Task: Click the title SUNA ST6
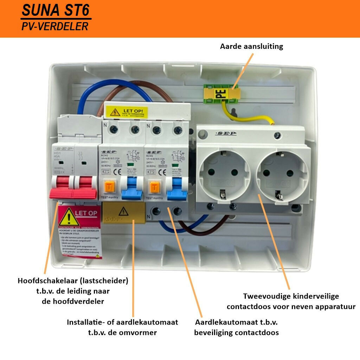pos(56,11)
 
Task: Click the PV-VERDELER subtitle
pos(54,26)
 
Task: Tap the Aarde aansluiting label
pos(251,46)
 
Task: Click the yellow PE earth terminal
pos(221,94)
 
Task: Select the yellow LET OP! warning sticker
pos(129,112)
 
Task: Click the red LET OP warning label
pos(80,232)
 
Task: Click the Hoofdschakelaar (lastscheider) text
pos(73,281)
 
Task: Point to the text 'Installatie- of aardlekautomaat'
pos(122,322)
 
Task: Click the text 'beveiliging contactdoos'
pos(236,332)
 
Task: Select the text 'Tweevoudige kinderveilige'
pos(291,296)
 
